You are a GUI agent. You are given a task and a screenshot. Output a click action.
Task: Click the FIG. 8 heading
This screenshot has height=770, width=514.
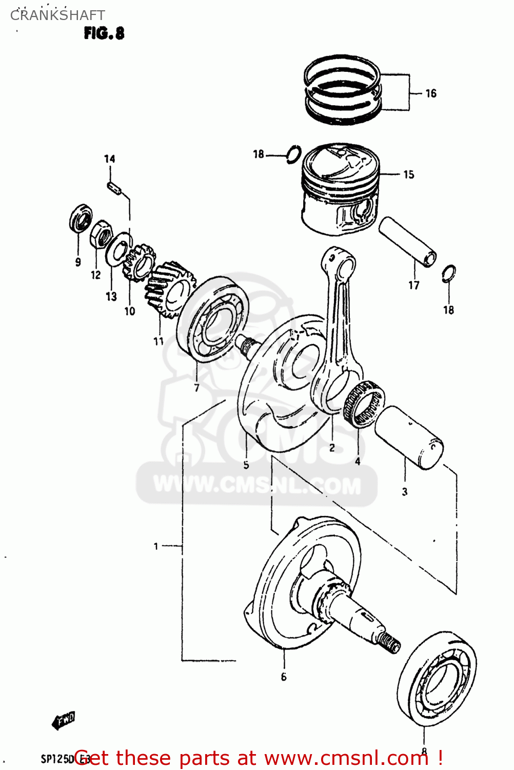pos(104,33)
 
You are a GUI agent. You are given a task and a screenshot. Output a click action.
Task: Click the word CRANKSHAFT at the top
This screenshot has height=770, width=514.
pos(57,15)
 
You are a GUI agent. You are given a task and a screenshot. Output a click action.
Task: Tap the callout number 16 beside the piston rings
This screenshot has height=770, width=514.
pos(430,93)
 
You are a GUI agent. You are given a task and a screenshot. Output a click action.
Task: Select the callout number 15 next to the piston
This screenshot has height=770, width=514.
pos(408,175)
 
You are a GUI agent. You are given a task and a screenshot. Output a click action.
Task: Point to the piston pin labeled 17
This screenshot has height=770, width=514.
pos(408,241)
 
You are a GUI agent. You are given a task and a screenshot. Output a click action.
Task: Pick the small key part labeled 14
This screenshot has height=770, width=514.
pos(114,188)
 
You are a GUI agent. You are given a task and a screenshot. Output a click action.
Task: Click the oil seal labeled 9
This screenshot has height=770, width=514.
pos(81,218)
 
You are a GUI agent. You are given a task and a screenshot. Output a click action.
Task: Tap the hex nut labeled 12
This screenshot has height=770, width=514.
pos(102,235)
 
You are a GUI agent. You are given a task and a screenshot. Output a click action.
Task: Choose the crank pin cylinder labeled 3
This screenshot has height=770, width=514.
pos(409,438)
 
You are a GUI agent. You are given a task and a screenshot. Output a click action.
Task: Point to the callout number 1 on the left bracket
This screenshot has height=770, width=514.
pos(156,546)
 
